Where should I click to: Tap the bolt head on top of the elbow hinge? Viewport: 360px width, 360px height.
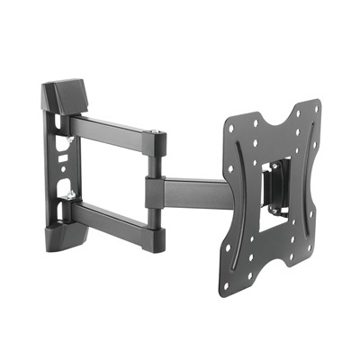(x=159, y=136)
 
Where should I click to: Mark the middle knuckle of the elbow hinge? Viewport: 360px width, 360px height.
(x=155, y=190)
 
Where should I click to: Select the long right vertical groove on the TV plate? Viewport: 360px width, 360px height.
(x=302, y=179)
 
